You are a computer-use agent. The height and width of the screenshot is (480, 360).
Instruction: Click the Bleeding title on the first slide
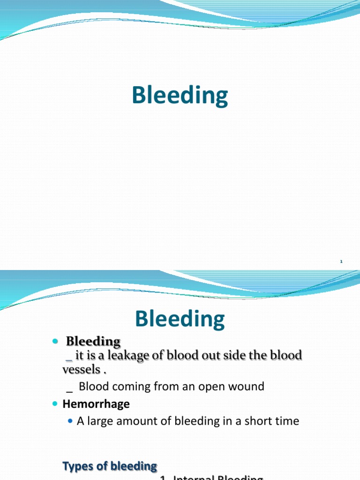click(180, 96)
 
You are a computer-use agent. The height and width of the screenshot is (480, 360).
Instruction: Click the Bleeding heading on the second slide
click(180, 319)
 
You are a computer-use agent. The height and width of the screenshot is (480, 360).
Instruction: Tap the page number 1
click(342, 262)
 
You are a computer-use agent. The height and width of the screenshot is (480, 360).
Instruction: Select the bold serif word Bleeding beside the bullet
click(93, 342)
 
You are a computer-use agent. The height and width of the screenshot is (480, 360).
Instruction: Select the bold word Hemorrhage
click(96, 404)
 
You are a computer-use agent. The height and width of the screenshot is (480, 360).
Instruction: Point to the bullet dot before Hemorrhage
click(55, 404)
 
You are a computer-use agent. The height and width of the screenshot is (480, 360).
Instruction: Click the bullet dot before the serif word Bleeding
click(55, 341)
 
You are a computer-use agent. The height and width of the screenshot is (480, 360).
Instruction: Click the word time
click(287, 421)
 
